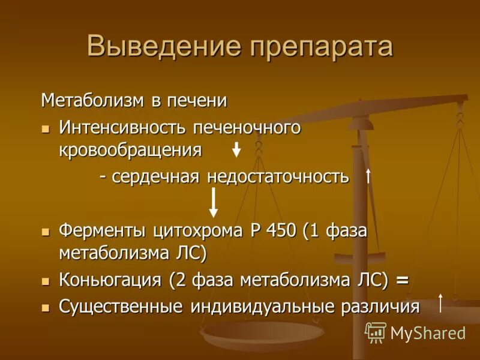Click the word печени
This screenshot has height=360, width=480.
tap(198, 100)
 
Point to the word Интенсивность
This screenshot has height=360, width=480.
tap(121, 127)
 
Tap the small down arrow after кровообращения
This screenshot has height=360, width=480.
tap(236, 149)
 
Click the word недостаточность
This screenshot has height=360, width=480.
tap(278, 176)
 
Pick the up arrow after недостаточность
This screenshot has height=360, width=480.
tap(368, 176)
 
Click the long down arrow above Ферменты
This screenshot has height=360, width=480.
tap(213, 202)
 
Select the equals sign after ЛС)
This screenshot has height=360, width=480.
tap(402, 280)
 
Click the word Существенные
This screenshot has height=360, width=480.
tap(121, 307)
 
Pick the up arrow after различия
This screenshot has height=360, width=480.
tap(441, 303)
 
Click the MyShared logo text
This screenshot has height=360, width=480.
tap(428, 333)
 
